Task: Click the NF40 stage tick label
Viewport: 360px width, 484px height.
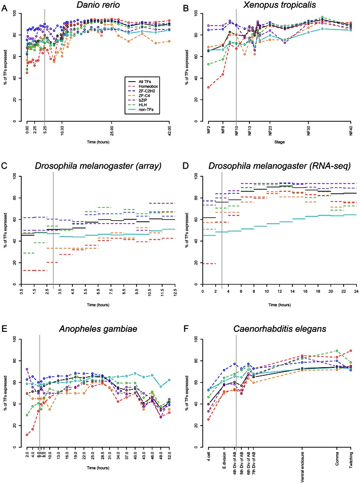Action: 351,132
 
